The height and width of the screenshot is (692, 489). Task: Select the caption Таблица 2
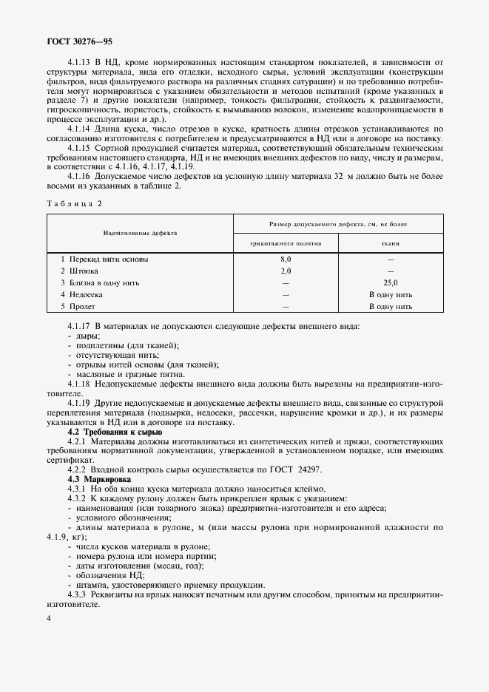(74, 202)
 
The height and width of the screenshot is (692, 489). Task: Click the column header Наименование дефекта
(140, 232)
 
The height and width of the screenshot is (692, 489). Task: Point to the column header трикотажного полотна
(286, 242)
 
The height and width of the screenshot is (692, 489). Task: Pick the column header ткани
(391, 242)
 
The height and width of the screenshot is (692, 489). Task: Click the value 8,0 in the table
(286, 260)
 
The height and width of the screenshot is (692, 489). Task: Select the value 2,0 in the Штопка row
(286, 271)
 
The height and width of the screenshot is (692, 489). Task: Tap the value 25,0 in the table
(391, 282)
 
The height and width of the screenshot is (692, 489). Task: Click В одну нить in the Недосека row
(391, 294)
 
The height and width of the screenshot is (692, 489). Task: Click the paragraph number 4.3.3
(78, 594)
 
